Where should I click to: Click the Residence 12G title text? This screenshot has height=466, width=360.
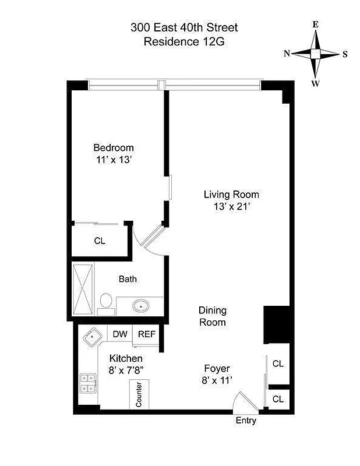pyautogui.click(x=184, y=41)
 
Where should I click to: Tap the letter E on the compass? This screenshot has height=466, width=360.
pyautogui.click(x=315, y=24)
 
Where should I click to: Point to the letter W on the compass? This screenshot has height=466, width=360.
pyautogui.click(x=315, y=83)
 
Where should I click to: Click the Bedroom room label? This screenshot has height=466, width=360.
pyautogui.click(x=114, y=148)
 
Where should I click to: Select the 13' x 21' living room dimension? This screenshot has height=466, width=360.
pyautogui.click(x=231, y=206)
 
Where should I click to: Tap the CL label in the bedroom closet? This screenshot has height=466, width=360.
pyautogui.click(x=100, y=241)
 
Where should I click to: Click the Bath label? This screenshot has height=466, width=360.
pyautogui.click(x=128, y=279)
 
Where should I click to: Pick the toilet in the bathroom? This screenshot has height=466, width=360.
pyautogui.click(x=105, y=302)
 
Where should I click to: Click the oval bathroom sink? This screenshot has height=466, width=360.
pyautogui.click(x=140, y=306)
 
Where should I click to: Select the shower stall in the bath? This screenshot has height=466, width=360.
pyautogui.click(x=82, y=288)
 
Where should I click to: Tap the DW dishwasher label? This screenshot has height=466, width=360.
pyautogui.click(x=120, y=334)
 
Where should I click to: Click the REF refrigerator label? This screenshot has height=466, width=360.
pyautogui.click(x=146, y=334)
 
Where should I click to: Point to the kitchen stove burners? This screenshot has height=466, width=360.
pyautogui.click(x=88, y=383)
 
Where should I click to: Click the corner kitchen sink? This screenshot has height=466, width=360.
pyautogui.click(x=92, y=338)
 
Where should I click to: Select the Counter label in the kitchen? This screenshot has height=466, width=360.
pyautogui.click(x=139, y=395)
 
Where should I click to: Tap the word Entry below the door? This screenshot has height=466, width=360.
pyautogui.click(x=245, y=421)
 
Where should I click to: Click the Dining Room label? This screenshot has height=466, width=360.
pyautogui.click(x=213, y=316)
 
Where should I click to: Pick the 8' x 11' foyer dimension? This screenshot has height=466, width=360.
pyautogui.click(x=217, y=380)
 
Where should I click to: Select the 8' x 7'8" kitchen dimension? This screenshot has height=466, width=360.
pyautogui.click(x=126, y=370)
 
